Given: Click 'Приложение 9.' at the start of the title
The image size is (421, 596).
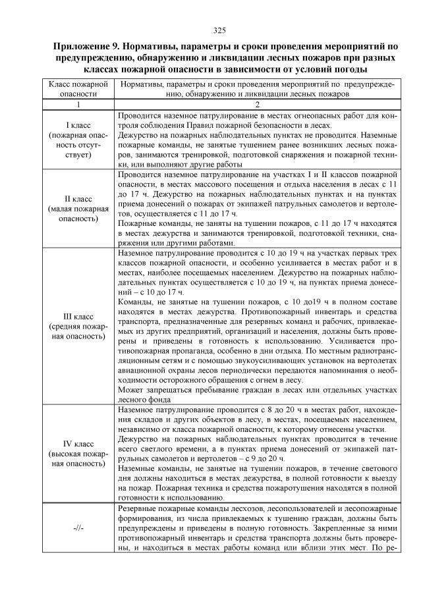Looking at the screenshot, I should tap(85, 47).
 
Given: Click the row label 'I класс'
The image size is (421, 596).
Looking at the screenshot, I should tap(78, 124).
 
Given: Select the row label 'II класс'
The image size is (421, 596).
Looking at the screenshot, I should tap(78, 198).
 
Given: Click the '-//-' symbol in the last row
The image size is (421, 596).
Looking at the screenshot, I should tap(78, 529).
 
